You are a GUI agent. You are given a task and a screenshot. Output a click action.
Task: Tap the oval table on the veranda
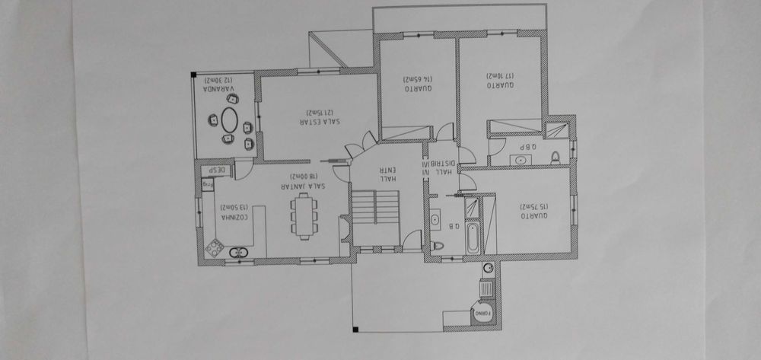(x=229, y=119)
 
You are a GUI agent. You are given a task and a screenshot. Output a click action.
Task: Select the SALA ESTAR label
(x=320, y=122)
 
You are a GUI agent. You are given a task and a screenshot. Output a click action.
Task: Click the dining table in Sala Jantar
(x=305, y=215)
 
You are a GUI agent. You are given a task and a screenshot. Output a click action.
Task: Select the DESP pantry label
(x=216, y=170)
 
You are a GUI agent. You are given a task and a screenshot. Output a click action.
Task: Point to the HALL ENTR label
(x=387, y=174)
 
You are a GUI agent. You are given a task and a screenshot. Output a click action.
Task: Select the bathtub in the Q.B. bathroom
(x=471, y=237)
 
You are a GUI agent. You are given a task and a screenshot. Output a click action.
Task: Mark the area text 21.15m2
(x=320, y=110)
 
